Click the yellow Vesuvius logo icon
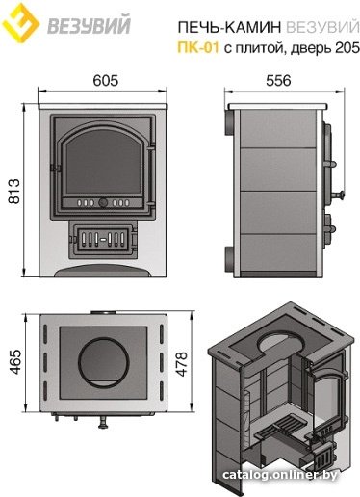[20, 22]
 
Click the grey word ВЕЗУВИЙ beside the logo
[89, 26]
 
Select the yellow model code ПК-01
[198, 47]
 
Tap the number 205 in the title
[347, 47]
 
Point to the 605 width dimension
[106, 80]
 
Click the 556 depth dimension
[278, 80]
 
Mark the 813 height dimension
[14, 192]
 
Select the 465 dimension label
[14, 362]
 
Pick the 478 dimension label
[181, 364]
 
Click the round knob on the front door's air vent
[103, 202]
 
